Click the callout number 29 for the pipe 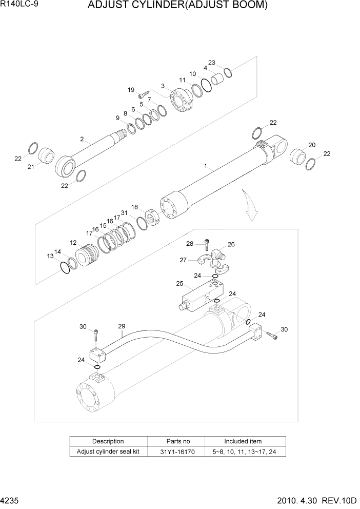click(x=122, y=326)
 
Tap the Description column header click(x=108, y=441)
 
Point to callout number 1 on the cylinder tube click(x=205, y=166)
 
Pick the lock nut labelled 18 click(x=152, y=218)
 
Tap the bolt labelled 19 click(x=143, y=96)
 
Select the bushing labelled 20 click(x=297, y=155)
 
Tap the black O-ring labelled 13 click(x=65, y=268)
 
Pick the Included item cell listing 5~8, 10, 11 click(x=243, y=452)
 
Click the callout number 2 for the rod click(x=82, y=139)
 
